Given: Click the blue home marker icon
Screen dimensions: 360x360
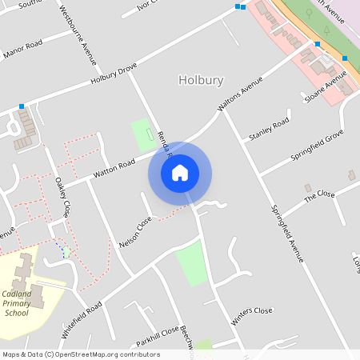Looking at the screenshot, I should click(x=180, y=172).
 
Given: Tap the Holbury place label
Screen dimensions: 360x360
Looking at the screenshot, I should click(x=201, y=80).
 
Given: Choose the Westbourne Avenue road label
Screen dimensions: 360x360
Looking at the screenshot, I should click(x=79, y=37).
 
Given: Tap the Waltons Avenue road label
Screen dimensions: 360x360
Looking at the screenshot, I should click(x=240, y=95).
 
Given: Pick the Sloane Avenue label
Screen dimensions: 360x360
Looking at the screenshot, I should click(x=326, y=86).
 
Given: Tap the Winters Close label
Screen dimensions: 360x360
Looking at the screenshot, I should click(x=253, y=314).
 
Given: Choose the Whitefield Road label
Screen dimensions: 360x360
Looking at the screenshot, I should click(x=82, y=319).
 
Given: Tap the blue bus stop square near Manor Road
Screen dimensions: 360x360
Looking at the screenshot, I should click(x=22, y=106).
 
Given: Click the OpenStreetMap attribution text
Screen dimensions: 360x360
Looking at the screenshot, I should click(x=80, y=354).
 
